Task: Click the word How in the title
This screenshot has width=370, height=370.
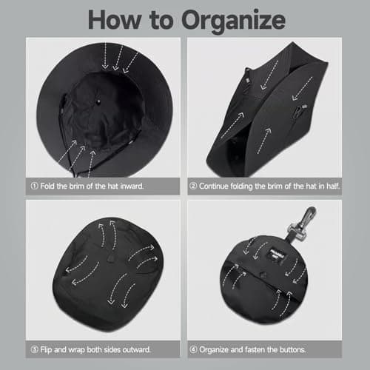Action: (x=115, y=20)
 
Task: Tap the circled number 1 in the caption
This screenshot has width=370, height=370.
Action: (x=34, y=186)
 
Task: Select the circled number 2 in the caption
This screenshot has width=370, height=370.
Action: (x=193, y=186)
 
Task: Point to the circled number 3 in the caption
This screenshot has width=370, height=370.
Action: (x=34, y=349)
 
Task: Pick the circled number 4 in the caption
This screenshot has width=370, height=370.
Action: (x=193, y=349)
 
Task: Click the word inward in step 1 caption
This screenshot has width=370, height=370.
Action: (x=132, y=186)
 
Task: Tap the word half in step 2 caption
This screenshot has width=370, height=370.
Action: (x=333, y=186)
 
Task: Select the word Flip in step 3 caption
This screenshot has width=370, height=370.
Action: (x=46, y=350)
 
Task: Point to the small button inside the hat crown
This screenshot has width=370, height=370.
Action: (x=98, y=101)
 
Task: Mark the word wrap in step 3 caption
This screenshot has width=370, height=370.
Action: (x=77, y=350)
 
